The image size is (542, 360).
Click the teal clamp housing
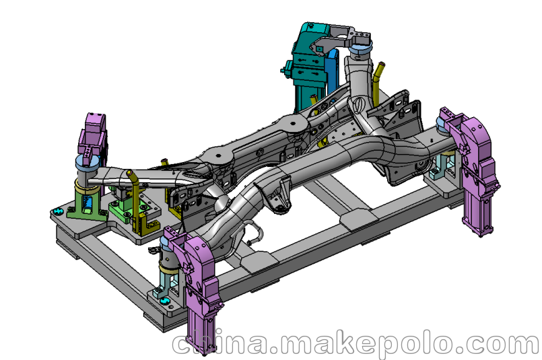coord(308,66)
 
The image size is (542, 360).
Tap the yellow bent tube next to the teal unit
coord(377,82)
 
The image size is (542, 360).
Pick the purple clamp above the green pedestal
coord(93,135)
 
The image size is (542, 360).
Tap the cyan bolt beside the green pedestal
coord(57,211)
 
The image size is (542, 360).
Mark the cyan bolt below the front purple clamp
coord(165,301)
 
